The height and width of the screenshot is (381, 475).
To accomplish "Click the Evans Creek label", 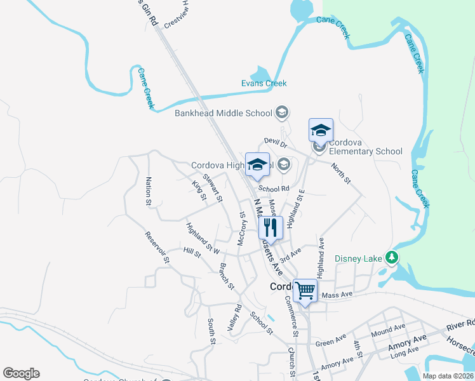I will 264,83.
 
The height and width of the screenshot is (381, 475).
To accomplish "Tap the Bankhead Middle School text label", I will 224,114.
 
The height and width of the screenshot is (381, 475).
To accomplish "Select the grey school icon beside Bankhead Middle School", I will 283,113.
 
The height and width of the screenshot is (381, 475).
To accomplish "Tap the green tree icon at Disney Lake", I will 393,257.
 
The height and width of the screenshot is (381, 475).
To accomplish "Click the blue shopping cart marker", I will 305,291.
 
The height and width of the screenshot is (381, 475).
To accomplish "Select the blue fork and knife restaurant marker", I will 271,227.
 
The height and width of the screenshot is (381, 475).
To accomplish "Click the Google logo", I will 21,373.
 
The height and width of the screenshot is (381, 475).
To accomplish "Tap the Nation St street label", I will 149,191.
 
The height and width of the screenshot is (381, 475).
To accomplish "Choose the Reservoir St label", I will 157,248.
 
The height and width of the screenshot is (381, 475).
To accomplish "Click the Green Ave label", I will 330,342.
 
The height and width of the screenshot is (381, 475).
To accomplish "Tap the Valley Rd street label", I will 234,317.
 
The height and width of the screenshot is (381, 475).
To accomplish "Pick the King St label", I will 199,190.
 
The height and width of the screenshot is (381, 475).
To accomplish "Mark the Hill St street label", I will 192,253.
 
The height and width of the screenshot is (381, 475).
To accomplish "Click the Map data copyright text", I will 447,376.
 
